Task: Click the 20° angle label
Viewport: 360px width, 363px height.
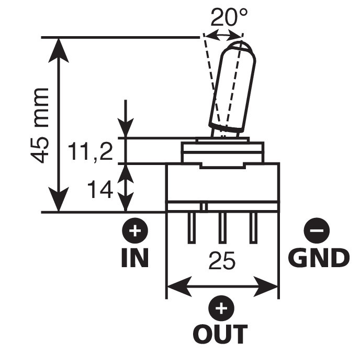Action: [229, 17]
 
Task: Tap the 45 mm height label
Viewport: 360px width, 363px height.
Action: [40, 126]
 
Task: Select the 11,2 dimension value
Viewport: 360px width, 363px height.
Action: [91, 152]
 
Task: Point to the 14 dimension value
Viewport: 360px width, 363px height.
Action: [100, 190]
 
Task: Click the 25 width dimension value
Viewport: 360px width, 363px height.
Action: [222, 261]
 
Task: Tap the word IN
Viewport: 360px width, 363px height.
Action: [135, 258]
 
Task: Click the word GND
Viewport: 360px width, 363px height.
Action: [319, 258]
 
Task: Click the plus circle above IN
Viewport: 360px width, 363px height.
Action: [135, 231]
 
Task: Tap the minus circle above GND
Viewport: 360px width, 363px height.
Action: [317, 230]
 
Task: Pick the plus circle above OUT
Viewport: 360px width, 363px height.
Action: [221, 308]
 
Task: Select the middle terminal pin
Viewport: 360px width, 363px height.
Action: [222, 228]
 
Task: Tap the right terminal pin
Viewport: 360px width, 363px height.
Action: [253, 228]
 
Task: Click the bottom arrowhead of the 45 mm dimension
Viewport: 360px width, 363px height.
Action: [59, 200]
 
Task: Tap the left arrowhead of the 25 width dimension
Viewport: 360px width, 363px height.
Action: [179, 287]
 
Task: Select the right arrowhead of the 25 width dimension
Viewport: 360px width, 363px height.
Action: [265, 287]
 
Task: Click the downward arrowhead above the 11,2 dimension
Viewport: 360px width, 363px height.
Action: [126, 127]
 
